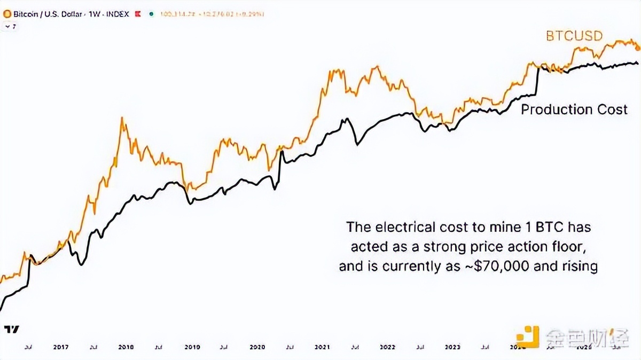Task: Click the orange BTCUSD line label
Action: coord(574,36)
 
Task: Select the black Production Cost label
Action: coord(574,109)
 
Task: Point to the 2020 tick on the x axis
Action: coord(256,347)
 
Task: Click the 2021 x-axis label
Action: coord(322,347)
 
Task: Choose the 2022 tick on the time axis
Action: coord(388,347)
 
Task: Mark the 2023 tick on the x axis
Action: coord(454,347)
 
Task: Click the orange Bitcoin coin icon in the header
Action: coord(6,14)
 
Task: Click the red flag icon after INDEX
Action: coord(137,14)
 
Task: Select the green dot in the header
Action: coord(152,14)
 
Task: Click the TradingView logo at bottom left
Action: coord(11,329)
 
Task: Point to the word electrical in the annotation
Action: coord(402,226)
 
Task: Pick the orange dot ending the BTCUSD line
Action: coord(637,48)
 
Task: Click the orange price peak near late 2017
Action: coord(123,119)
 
